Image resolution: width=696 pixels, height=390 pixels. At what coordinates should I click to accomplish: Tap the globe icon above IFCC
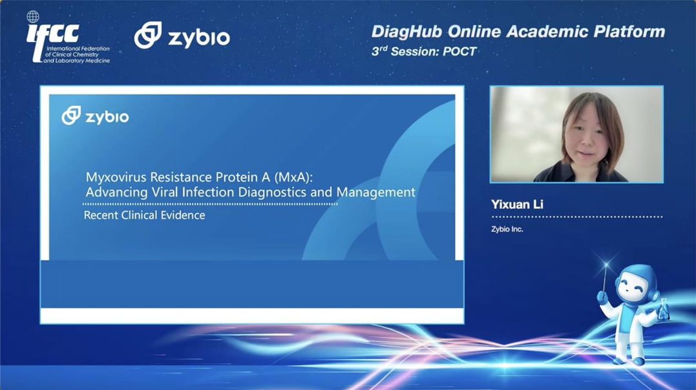[x=33, y=17]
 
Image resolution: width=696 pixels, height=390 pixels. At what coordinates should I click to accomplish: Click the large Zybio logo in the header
[x=182, y=35]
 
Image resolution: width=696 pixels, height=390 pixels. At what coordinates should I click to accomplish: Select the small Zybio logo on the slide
[x=96, y=116]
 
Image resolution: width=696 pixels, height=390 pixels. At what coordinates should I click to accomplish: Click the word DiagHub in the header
[x=407, y=32]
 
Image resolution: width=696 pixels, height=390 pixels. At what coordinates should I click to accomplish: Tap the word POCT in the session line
[x=459, y=52]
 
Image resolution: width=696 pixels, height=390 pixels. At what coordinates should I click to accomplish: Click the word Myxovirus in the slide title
[x=116, y=177]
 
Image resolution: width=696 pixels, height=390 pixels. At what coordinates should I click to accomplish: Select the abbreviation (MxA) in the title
[x=293, y=177]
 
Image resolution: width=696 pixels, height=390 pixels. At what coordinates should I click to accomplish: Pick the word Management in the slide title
[x=376, y=192]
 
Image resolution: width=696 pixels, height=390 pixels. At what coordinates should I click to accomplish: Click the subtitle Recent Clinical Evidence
[x=145, y=215]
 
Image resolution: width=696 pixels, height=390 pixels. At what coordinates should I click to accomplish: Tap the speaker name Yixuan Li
[x=517, y=204]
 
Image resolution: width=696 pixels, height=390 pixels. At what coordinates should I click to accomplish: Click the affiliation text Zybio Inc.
[x=507, y=229]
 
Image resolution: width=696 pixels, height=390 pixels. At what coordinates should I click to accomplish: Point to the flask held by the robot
[x=664, y=310]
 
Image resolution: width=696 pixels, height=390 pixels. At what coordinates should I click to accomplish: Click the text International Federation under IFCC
[x=78, y=49]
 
